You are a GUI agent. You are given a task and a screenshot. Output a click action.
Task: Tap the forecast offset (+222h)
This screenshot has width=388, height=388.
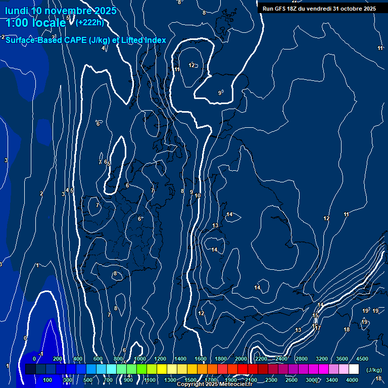tap(89, 22)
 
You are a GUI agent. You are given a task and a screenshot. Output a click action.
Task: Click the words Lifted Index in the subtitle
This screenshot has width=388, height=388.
tap(143, 40)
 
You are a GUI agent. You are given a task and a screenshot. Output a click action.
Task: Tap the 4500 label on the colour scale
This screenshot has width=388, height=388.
tap(362, 359)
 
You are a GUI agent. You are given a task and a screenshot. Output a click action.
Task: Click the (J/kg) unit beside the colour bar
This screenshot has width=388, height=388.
tap(374, 370)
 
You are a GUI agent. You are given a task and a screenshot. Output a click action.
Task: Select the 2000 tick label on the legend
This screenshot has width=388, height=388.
tap(240, 359)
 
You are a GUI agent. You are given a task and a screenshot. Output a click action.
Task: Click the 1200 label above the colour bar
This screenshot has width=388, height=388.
tap(160, 359)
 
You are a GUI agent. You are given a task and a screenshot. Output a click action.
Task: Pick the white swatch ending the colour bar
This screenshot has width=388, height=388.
tap(354, 369)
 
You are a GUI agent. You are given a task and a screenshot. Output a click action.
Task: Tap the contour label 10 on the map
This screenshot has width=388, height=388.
tap(198, 196)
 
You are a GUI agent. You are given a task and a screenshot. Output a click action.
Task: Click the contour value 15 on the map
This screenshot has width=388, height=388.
tap(316, 316)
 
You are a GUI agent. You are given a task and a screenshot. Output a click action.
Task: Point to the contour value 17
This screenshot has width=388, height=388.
tap(318, 328)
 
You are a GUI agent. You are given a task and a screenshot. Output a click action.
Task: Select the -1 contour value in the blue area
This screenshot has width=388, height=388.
tap(42, 354)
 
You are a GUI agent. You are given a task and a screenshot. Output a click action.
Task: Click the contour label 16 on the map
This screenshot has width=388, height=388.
tap(314, 326)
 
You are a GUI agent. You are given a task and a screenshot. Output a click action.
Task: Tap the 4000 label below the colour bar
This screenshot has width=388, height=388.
tap(352, 380)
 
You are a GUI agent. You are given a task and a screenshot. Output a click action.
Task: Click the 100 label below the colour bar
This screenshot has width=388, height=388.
tap(47, 380)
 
